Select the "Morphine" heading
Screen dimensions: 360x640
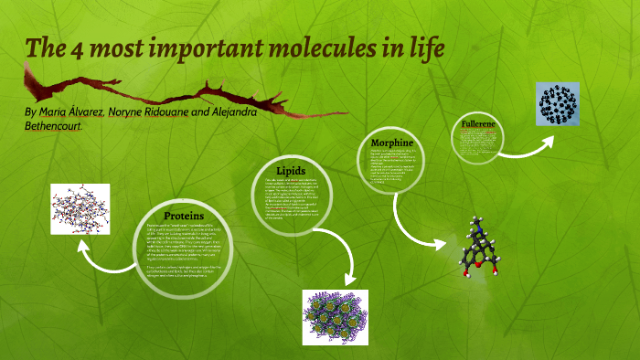(393, 143)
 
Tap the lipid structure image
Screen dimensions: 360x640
(335, 317)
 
